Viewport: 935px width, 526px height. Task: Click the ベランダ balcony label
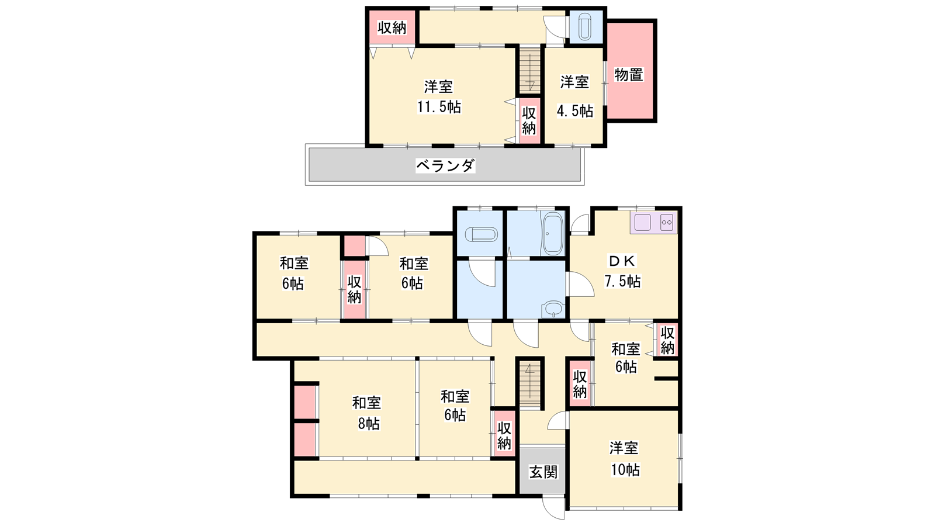point(445,166)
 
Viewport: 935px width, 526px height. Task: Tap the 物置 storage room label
point(629,75)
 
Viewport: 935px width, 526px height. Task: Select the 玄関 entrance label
point(543,473)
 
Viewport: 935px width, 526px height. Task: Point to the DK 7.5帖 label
point(622,271)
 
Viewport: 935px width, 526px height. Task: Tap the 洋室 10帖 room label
point(625,459)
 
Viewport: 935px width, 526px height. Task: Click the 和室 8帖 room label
point(367,413)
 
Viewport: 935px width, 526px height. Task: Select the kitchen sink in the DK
point(643,222)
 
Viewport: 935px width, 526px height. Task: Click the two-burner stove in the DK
point(667,222)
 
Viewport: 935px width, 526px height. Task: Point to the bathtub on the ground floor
point(553,234)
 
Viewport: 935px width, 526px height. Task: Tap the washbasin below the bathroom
point(553,310)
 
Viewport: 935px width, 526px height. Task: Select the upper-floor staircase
point(530,70)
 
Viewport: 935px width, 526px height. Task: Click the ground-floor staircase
point(530,384)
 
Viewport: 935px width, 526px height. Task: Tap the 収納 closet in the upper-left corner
point(392,27)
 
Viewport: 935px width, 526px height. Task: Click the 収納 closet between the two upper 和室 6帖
point(354,290)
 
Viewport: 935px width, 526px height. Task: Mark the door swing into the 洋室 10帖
point(558,420)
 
